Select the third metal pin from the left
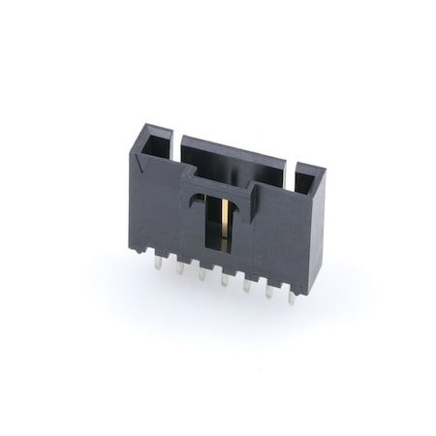tap(202, 273)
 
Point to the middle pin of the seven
tap(224, 280)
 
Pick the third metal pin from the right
tap(247, 286)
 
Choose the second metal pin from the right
tap(268, 293)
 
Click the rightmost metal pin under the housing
tap(291, 297)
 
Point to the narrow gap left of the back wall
tap(175, 145)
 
